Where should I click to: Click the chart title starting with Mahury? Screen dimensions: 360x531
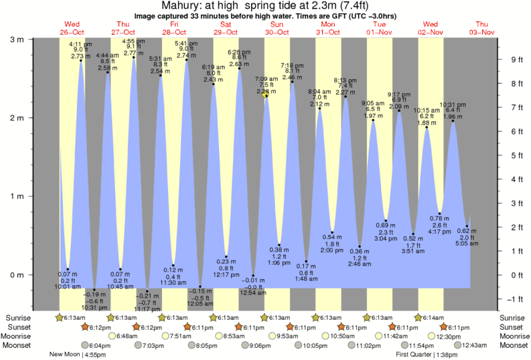point(265,5)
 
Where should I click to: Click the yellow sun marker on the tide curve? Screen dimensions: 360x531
point(265,94)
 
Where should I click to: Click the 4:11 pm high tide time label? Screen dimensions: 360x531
point(82,43)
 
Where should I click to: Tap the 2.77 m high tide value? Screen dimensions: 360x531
point(134,52)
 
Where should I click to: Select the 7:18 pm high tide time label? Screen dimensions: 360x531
point(293,65)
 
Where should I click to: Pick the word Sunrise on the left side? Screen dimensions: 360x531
point(20,317)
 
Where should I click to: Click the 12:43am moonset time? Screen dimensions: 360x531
point(473,345)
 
